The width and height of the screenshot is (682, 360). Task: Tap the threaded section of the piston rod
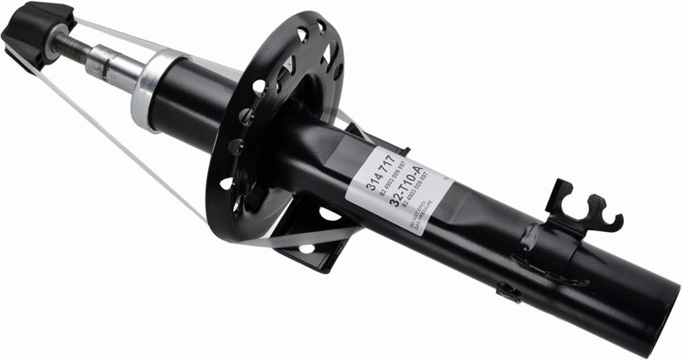click(73, 46)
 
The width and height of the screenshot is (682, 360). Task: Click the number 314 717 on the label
click(379, 170)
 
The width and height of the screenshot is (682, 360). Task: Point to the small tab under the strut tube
click(509, 292)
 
